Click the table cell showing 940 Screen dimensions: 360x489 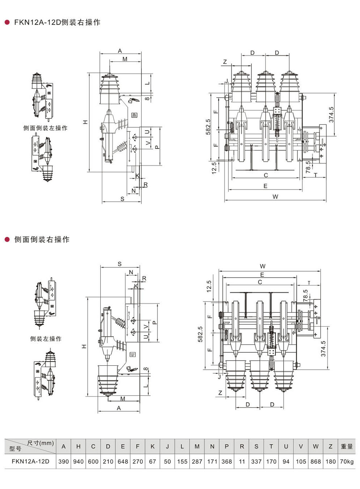[79, 462]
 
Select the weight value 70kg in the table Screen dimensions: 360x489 [347, 462]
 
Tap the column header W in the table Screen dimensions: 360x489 [315, 446]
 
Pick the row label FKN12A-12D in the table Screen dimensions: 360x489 [30, 461]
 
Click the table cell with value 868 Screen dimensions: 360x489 [316, 462]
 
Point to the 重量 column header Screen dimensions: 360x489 [347, 446]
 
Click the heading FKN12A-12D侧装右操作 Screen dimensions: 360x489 [57, 22]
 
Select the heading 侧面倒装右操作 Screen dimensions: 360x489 [42, 239]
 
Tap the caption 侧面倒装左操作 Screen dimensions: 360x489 [46, 128]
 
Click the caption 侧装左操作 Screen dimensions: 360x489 [46, 339]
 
